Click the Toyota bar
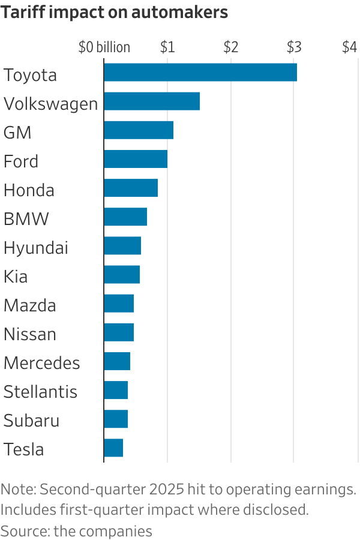200,72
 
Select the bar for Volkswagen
151,101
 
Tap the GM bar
138,130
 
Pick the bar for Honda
130,188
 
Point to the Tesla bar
113,448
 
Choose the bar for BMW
125,217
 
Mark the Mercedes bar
116,361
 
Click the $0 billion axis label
104,47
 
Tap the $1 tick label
167,47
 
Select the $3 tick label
293,47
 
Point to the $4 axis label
350,47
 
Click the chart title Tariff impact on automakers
115,13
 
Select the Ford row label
21,161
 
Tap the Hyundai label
36,248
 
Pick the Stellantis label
40,392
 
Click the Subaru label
31,421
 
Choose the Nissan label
30,334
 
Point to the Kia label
16,277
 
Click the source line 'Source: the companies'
76,531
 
